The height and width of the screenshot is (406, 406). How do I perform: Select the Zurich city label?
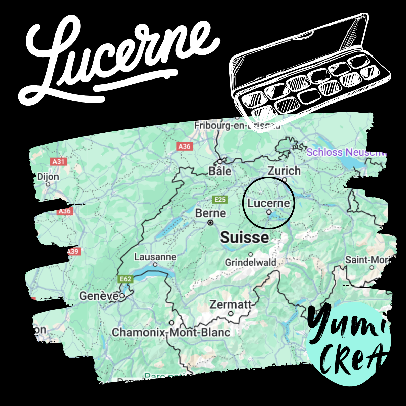click(x=284, y=171)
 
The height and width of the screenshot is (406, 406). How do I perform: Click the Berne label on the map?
click(x=210, y=213)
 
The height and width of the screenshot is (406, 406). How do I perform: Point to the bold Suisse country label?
click(x=244, y=238)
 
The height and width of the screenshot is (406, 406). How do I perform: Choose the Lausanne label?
click(x=155, y=257)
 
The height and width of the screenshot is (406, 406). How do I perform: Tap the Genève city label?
click(x=99, y=296)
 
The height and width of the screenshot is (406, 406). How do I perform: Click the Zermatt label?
click(x=230, y=304)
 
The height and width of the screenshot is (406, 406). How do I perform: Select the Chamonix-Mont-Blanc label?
click(x=171, y=332)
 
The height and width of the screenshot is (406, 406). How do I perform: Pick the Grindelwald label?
click(x=250, y=262)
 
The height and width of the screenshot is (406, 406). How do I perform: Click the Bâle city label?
click(x=220, y=171)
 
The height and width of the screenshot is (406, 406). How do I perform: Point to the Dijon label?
click(x=48, y=177)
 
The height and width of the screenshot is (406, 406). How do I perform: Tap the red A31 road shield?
click(x=59, y=161)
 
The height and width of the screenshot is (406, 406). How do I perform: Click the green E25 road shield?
click(x=220, y=200)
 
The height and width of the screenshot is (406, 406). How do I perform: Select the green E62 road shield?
click(x=125, y=279)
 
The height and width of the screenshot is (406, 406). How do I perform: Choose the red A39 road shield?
click(x=73, y=251)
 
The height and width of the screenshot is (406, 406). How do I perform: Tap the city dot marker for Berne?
click(x=211, y=223)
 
